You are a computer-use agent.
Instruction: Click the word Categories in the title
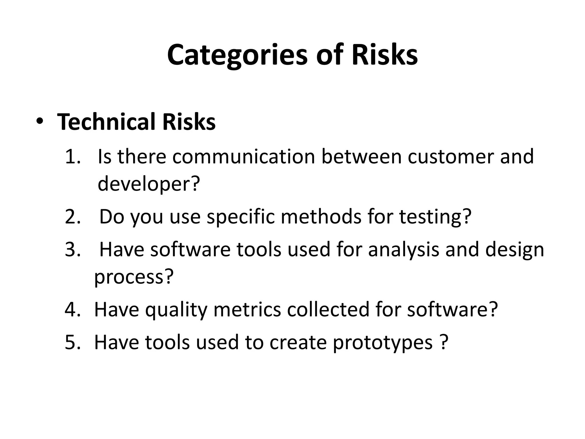coord(237,55)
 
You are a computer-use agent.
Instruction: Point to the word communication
coord(243,157)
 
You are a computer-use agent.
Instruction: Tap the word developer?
coord(148,184)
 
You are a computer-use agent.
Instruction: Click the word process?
coord(134,277)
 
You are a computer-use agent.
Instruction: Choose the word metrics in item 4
coord(247,309)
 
